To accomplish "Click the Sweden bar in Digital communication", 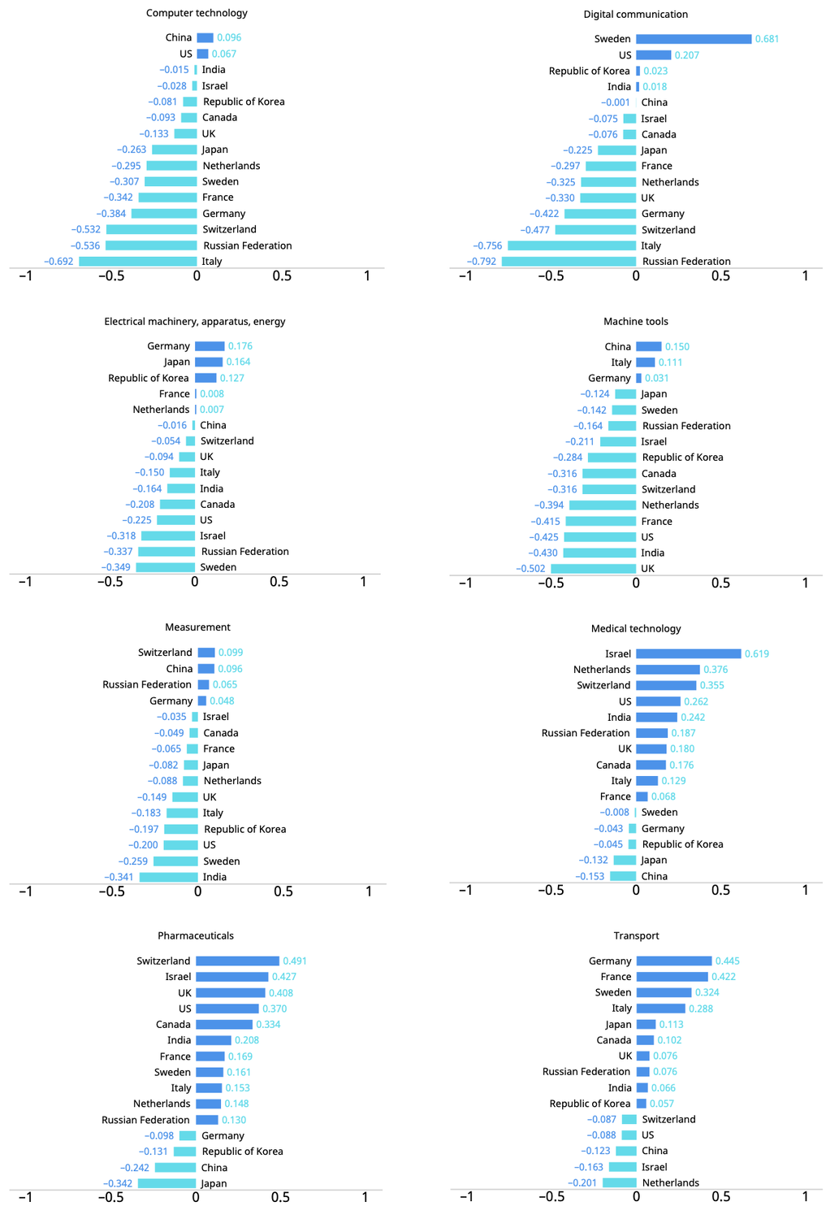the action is [x=694, y=39].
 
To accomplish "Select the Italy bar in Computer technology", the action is [x=137, y=261].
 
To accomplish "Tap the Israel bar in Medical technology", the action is [x=689, y=653].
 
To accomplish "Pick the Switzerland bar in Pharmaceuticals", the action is [x=238, y=961].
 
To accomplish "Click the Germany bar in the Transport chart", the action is [x=674, y=961].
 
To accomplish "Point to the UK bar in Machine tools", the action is [x=593, y=569].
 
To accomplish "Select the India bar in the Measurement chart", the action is [x=169, y=877].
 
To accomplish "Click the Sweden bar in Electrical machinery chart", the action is [x=166, y=567].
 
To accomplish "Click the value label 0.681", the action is [x=767, y=39].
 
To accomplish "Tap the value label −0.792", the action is [x=481, y=261].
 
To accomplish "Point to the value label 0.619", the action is [x=757, y=653].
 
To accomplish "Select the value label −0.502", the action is [x=530, y=569].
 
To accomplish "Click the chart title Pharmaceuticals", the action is [x=196, y=935].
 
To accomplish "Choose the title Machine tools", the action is [x=636, y=322].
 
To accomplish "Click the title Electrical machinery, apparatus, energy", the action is [x=195, y=322].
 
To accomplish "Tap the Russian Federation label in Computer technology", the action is [x=248, y=245].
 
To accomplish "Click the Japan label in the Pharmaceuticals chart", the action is [x=214, y=1183].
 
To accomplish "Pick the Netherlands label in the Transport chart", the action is [x=670, y=1182].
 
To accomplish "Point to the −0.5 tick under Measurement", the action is [x=111, y=891].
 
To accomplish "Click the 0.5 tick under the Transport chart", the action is [x=721, y=1196].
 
